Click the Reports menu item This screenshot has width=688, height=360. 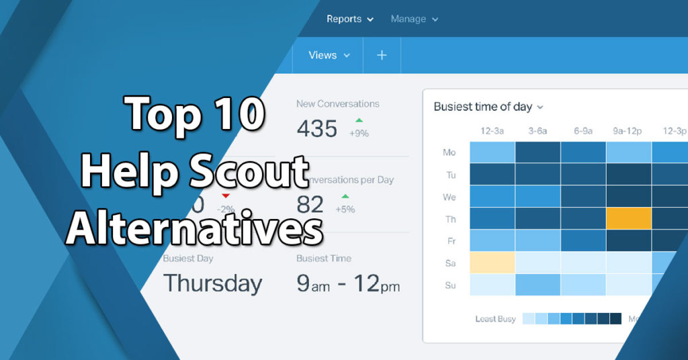[x=349, y=19]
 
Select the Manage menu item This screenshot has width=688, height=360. [x=414, y=19]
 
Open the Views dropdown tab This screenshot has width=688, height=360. [x=329, y=55]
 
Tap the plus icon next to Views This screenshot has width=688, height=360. [x=382, y=55]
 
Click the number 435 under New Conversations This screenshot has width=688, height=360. [x=316, y=128]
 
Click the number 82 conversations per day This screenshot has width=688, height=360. [x=310, y=204]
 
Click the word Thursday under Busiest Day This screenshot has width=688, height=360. [x=212, y=283]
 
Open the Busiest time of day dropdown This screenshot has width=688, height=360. [x=488, y=107]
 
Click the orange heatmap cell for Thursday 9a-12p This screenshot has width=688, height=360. [x=629, y=218]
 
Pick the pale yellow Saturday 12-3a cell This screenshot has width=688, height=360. [x=492, y=263]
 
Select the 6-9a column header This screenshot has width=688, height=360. [x=583, y=131]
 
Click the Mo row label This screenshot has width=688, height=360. [x=449, y=152]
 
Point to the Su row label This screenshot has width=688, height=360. [x=450, y=285]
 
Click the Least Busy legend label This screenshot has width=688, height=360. [x=496, y=318]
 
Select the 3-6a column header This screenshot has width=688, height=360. [x=537, y=131]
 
